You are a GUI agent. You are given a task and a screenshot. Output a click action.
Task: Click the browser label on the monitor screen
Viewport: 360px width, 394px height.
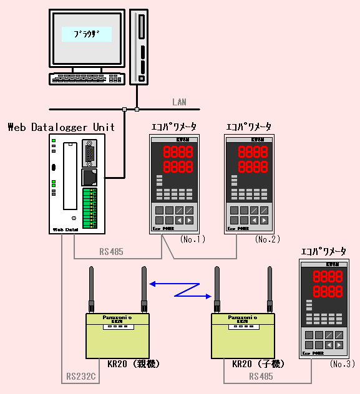(87, 34)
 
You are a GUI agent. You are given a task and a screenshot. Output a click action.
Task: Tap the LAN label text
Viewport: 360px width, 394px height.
(179, 102)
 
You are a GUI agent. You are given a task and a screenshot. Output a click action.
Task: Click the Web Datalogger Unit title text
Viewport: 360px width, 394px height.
(61, 127)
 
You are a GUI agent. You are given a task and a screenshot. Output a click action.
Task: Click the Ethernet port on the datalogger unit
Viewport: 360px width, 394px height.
(90, 176)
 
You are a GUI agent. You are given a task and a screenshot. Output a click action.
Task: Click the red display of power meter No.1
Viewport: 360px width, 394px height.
(178, 160)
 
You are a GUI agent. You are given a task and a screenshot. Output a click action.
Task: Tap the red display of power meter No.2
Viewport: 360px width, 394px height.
(253, 160)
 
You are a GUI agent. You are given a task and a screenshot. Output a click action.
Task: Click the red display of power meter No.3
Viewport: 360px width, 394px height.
(328, 284)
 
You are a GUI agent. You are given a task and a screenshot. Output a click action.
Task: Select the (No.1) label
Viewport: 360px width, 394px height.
(192, 239)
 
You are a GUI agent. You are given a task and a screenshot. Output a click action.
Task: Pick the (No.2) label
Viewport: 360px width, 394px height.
(267, 239)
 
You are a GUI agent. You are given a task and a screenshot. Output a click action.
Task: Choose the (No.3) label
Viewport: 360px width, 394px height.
(342, 363)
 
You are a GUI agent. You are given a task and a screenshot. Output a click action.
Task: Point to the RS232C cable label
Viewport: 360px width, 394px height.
(80, 377)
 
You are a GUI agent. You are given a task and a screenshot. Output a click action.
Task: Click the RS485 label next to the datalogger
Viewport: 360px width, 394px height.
(112, 252)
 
